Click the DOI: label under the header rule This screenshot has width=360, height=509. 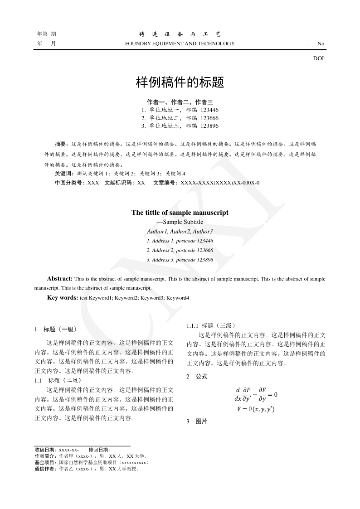[x=319, y=58]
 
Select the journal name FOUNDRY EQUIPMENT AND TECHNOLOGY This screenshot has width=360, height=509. [x=180, y=44]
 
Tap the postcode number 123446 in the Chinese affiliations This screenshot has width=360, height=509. [x=209, y=110]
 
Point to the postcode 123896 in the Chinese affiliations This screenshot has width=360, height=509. [x=209, y=126]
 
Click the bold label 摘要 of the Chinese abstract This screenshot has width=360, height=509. [x=60, y=144]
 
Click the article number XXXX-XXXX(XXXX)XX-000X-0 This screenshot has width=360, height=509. [x=220, y=183]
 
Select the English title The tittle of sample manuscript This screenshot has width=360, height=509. [x=180, y=212]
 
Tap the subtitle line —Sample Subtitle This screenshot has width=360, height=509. [x=180, y=222]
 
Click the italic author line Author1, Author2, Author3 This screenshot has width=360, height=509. [x=180, y=232]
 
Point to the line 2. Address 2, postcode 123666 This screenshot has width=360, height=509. [x=180, y=250]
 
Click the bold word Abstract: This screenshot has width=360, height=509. [x=60, y=279]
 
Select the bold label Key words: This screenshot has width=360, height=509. [x=63, y=298]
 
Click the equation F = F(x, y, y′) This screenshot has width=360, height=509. [x=256, y=409]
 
